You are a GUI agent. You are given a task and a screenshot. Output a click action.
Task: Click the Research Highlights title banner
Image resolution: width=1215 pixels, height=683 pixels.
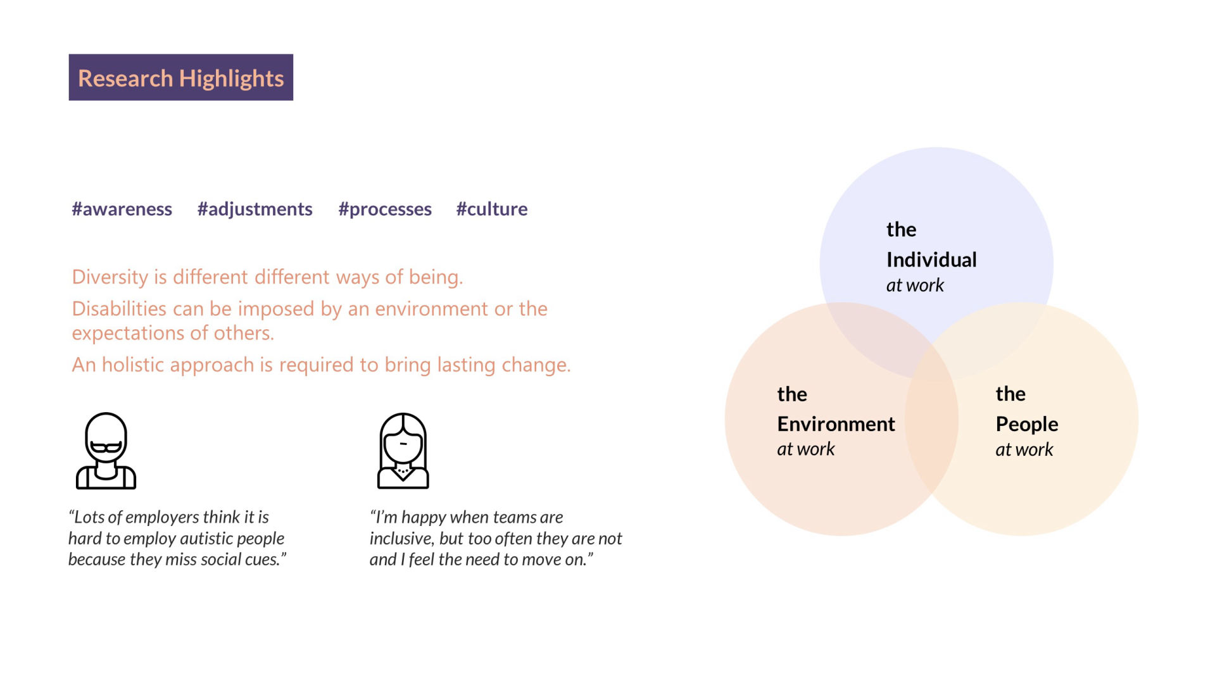click(180, 77)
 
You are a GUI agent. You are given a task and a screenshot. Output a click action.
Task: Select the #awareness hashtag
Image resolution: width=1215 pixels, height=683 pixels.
click(122, 209)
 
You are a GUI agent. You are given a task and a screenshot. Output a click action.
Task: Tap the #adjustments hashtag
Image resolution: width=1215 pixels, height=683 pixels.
click(255, 210)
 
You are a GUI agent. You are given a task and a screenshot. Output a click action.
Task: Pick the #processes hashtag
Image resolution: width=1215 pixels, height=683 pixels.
click(385, 210)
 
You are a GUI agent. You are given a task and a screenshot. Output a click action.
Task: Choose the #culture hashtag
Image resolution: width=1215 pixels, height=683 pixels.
click(492, 209)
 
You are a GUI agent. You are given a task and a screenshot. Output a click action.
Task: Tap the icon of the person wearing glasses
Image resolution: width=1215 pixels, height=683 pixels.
click(106, 451)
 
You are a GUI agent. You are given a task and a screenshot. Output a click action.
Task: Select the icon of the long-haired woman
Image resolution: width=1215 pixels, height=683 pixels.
click(403, 451)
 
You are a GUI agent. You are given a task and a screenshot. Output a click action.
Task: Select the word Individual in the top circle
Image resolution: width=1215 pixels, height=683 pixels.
click(931, 260)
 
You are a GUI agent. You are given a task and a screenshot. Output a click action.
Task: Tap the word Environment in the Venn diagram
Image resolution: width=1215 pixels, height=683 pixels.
click(836, 423)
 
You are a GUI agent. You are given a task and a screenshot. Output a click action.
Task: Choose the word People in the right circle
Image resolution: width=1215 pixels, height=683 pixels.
click(1027, 424)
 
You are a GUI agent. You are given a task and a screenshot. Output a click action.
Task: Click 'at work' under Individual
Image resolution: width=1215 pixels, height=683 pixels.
click(915, 285)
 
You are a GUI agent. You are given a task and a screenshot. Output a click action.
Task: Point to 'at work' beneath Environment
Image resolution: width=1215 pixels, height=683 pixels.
click(806, 449)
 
